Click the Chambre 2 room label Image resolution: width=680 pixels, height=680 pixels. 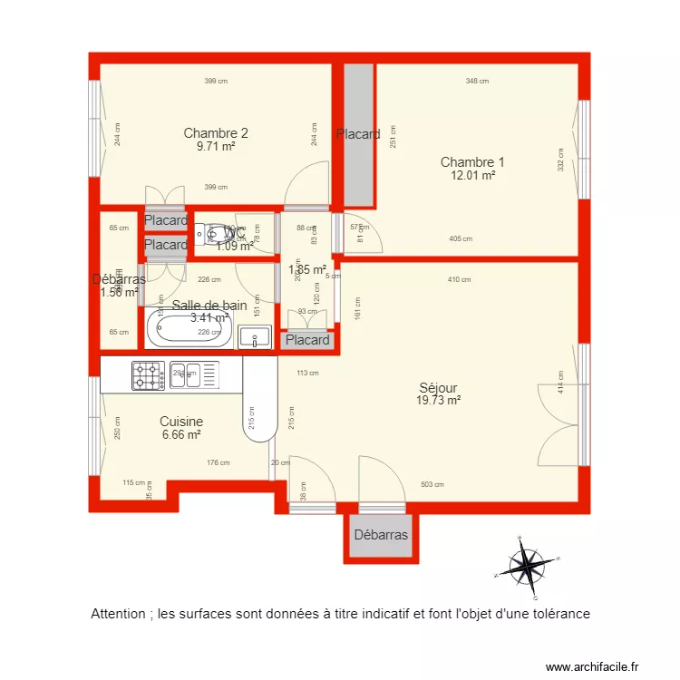216,132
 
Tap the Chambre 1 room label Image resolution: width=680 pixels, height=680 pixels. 472,162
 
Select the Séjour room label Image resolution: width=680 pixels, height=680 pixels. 438,387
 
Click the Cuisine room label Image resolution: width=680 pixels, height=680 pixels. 181,422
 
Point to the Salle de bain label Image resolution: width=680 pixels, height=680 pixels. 209,306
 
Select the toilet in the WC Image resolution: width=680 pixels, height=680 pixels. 205,235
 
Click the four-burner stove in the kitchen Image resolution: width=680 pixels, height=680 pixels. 147,375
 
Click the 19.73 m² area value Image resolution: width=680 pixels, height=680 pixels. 439,400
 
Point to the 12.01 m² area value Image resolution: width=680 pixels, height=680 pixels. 472,176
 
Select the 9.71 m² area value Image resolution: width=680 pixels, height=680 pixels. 216,146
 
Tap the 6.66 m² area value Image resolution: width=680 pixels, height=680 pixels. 181,435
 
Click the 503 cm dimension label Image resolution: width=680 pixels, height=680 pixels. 432,484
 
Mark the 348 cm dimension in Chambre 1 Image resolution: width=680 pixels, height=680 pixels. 477,82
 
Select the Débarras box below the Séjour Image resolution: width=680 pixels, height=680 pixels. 381,535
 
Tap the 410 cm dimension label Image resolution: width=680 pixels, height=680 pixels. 459,279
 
